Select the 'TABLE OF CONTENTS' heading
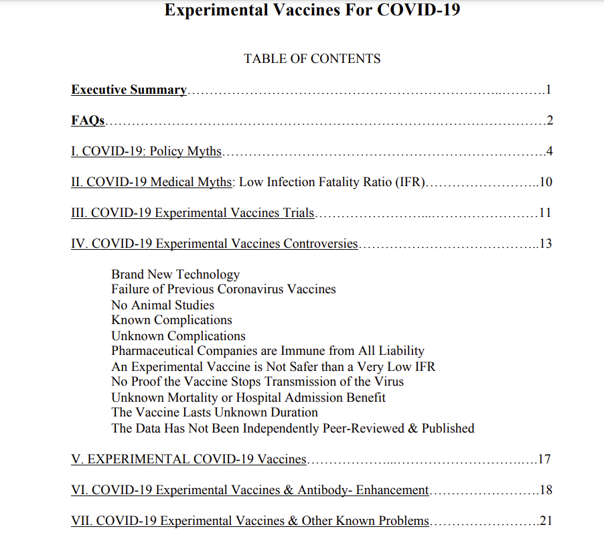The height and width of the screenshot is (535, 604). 312,59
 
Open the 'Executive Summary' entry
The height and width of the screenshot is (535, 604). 129,90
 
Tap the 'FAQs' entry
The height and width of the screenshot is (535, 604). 88,121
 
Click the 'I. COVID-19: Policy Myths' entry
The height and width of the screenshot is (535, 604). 146,151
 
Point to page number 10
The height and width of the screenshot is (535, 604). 545,182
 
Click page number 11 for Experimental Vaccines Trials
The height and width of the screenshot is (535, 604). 545,213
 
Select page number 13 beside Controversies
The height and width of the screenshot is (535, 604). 545,243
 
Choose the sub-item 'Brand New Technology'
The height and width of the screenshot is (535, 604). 175,274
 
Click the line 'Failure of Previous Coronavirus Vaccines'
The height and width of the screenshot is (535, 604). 224,289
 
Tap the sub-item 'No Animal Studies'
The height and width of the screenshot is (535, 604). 163,305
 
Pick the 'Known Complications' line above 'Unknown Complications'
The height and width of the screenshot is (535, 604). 171,320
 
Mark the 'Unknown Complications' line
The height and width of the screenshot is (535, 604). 178,335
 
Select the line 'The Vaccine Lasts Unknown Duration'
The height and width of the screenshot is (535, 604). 214,412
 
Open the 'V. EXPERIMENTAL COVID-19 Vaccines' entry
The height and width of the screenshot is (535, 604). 189,459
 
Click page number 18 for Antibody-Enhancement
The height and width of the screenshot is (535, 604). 546,490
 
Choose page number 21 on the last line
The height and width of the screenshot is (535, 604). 546,521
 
